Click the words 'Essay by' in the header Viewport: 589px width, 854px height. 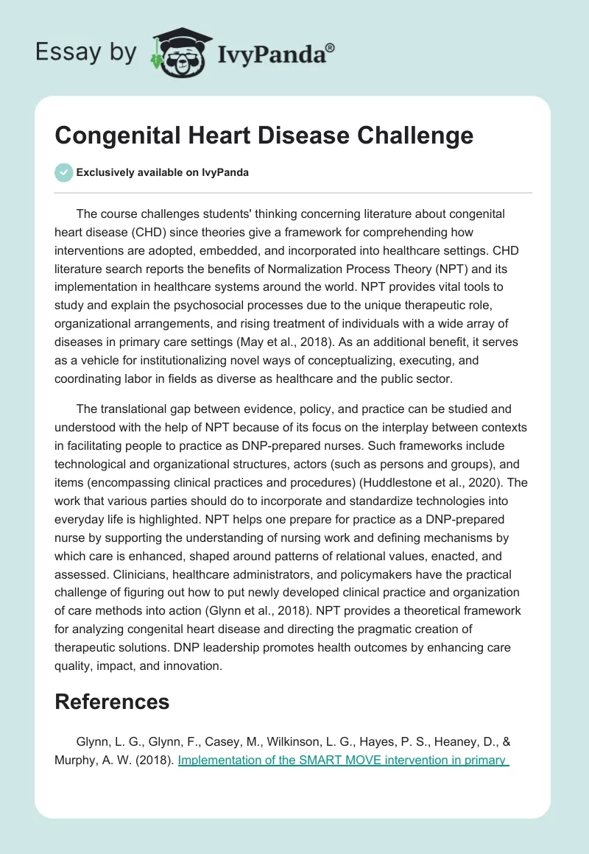tap(85, 52)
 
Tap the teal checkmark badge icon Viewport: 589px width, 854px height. tap(63, 172)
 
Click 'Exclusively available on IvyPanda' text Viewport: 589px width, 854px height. tap(163, 173)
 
